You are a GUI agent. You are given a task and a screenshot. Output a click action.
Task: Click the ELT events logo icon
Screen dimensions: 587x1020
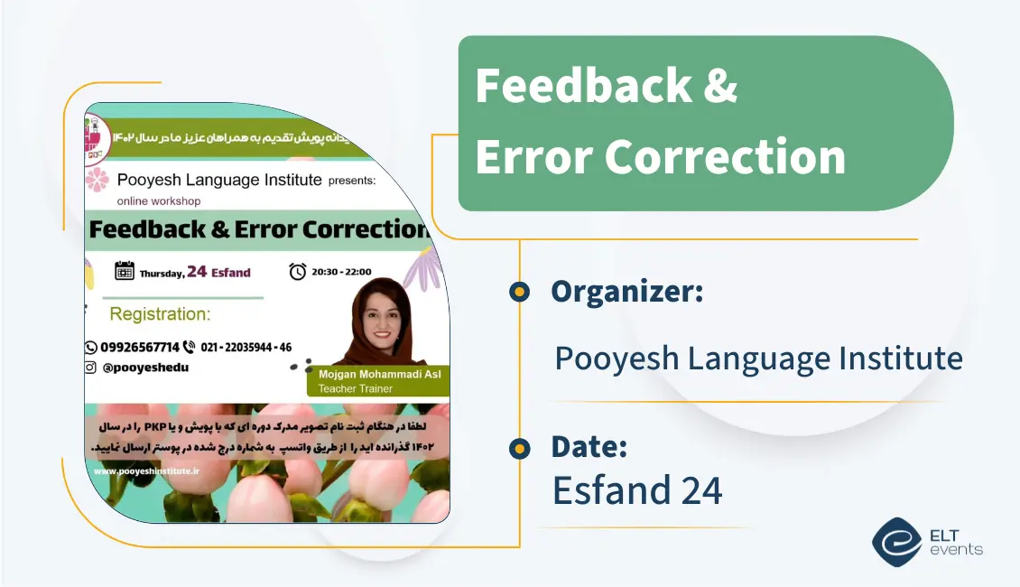tap(895, 542)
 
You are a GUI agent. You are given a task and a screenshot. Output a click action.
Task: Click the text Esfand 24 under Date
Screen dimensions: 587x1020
tap(637, 490)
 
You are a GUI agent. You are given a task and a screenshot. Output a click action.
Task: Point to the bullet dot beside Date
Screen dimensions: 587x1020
tap(519, 448)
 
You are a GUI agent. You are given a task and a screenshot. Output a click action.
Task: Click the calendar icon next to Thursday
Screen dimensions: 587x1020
tap(125, 271)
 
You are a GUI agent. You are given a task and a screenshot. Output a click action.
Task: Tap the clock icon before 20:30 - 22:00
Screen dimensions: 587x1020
tap(297, 271)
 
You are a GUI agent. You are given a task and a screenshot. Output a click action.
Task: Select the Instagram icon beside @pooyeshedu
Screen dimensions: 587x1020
tap(90, 368)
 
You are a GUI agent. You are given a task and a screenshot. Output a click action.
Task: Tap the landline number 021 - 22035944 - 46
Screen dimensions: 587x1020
tap(246, 347)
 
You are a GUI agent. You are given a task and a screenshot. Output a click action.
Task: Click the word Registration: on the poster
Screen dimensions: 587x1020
tap(160, 314)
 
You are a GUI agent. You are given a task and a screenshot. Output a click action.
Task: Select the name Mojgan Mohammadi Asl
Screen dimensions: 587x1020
tap(379, 374)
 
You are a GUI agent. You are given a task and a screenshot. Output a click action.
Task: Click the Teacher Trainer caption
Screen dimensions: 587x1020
tap(356, 389)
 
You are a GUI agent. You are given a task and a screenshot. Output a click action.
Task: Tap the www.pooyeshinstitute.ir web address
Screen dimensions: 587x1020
tap(146, 471)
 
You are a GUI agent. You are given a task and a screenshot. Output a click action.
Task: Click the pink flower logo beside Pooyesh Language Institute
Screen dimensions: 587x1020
tap(97, 180)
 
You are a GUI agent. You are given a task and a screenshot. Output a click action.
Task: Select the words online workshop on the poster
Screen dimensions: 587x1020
tap(159, 200)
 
